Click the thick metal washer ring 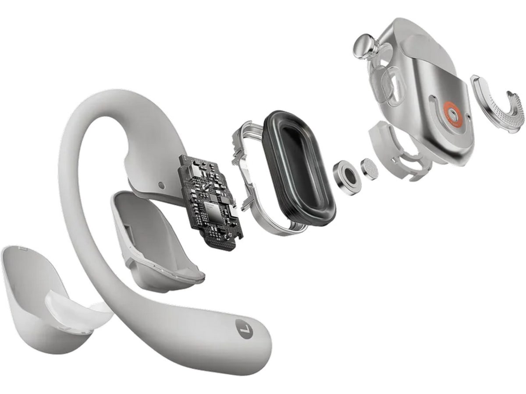pos(347,176)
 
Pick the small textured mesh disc pos(370,169)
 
